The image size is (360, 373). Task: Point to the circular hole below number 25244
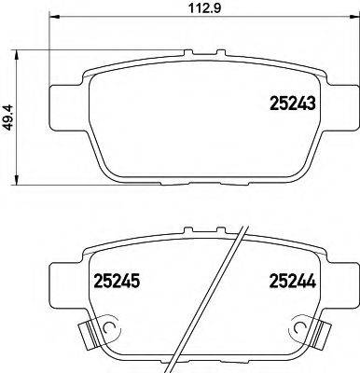pos(301,328)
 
